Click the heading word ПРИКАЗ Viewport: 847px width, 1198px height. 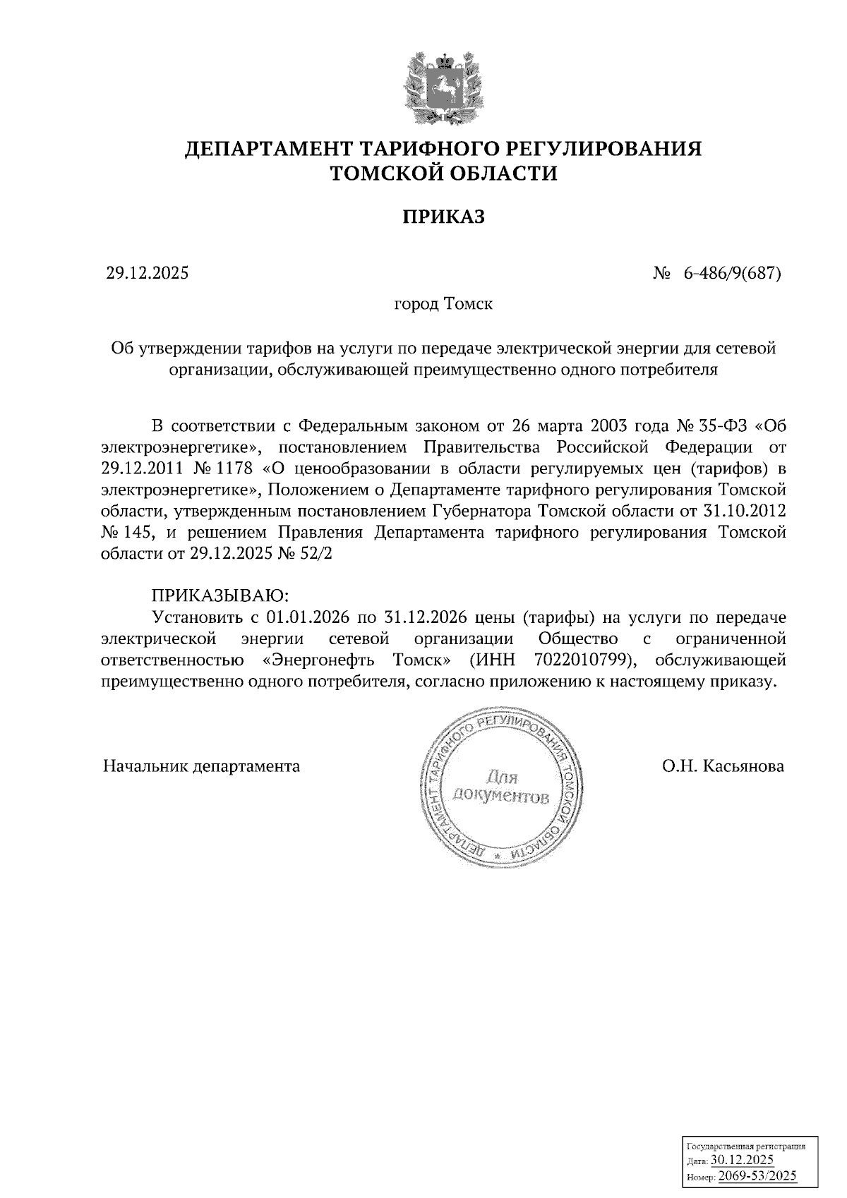pyautogui.click(x=443, y=217)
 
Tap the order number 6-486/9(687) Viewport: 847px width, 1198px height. pyautogui.click(x=731, y=273)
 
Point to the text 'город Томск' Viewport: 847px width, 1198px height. pyautogui.click(x=443, y=305)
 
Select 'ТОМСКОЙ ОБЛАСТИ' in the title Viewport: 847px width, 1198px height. pyautogui.click(x=443, y=173)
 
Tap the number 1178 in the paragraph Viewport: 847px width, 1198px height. pyautogui.click(x=239, y=468)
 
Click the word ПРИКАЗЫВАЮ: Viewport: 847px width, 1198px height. pyautogui.click(x=221, y=595)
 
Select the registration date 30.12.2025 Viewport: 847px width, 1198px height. pyautogui.click(x=742, y=1160)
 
